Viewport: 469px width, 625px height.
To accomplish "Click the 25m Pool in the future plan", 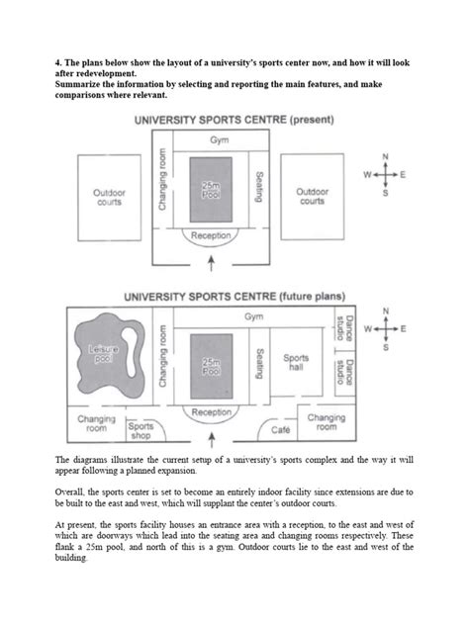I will pos(211,367).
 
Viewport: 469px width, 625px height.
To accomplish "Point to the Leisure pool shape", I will pos(102,351).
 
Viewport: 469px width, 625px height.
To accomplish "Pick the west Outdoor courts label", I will pos(110,196).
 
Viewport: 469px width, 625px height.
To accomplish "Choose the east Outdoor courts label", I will pos(312,196).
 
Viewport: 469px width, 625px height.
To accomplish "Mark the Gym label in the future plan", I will pos(253,316).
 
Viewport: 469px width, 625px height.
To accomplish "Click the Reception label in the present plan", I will pos(211,237).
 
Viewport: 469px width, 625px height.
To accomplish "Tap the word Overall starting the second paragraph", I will pos(70,491).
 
